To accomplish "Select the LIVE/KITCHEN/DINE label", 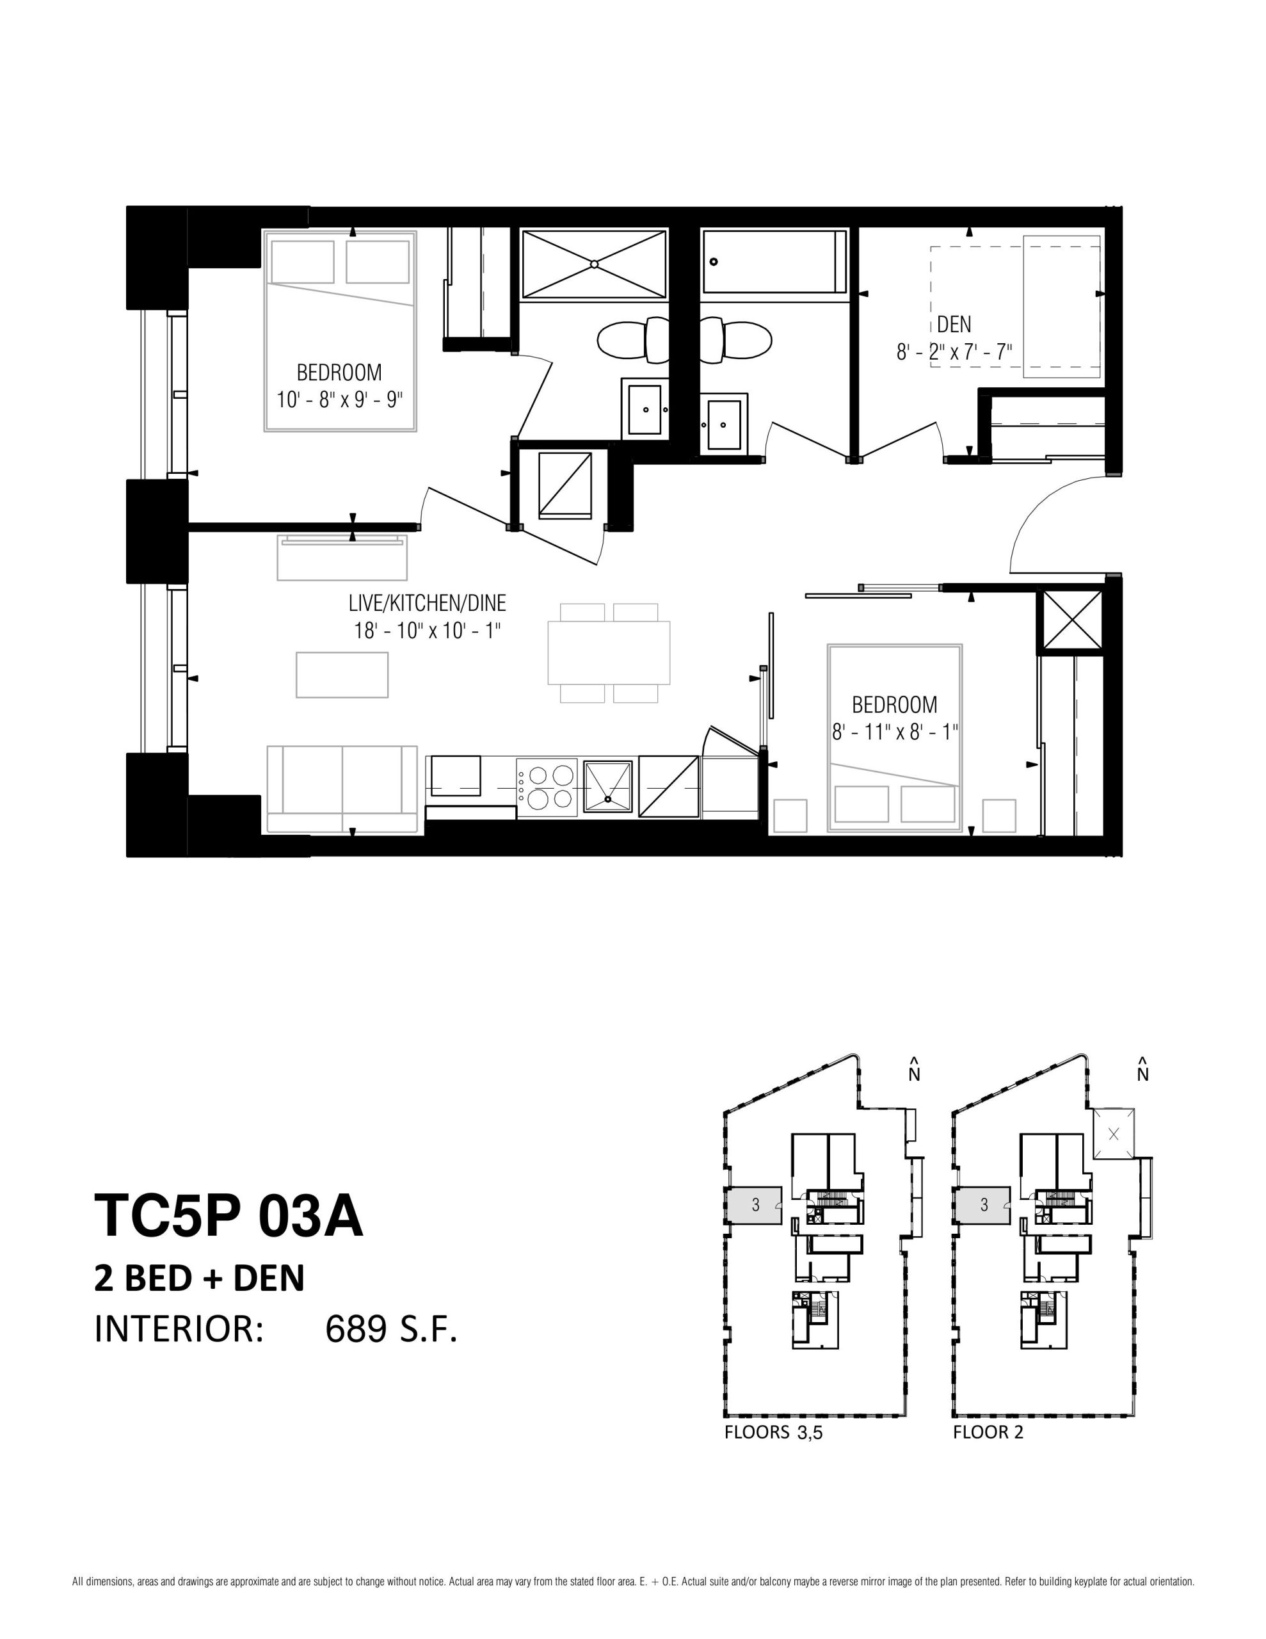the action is tap(427, 602).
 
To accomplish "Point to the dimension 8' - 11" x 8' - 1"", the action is tap(895, 731).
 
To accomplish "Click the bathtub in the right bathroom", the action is tap(774, 262).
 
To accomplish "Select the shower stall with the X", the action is tap(593, 264).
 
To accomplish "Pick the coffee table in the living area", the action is tap(342, 675).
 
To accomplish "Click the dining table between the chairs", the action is tap(609, 652).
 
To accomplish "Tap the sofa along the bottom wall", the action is tap(342, 789).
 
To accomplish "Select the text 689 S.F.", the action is tap(391, 1330).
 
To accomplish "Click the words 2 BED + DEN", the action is tap(200, 1279).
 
